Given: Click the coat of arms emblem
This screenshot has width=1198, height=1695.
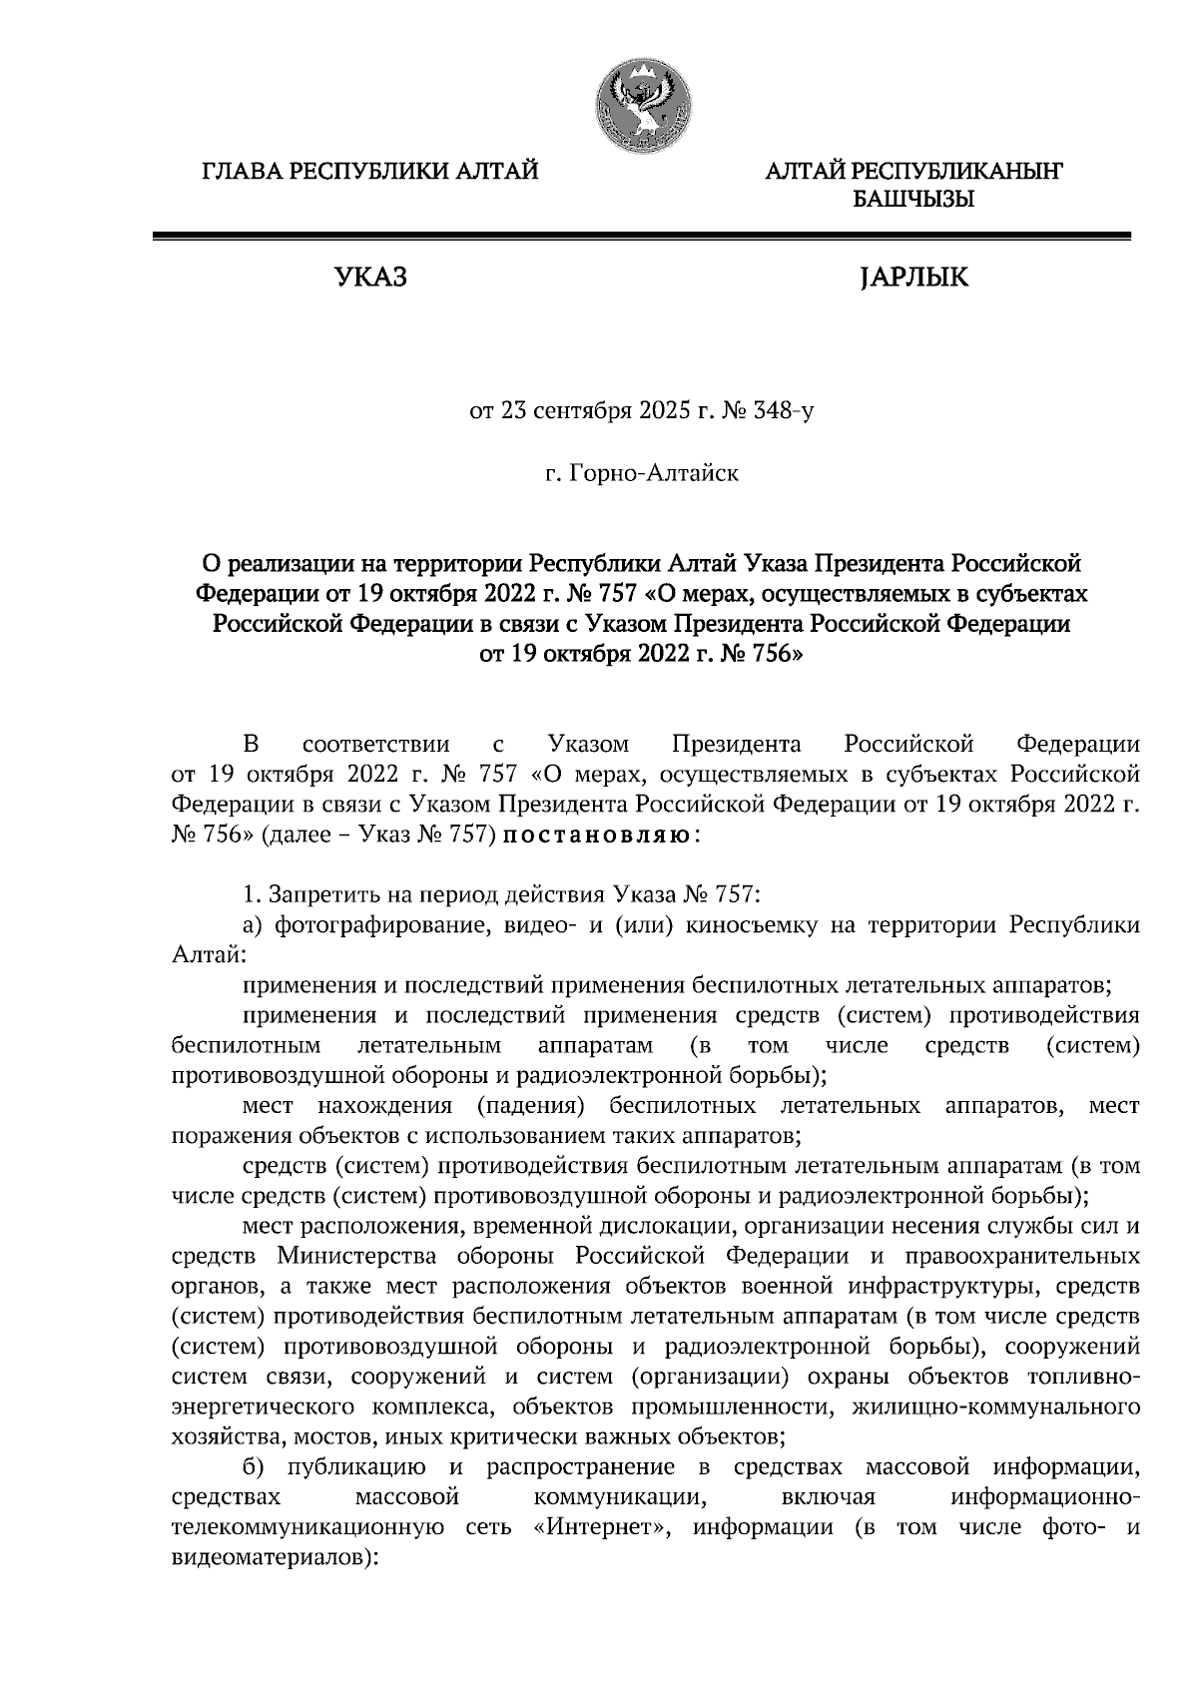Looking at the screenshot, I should (639, 104).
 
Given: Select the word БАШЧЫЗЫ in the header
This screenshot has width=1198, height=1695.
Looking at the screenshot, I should (913, 200).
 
